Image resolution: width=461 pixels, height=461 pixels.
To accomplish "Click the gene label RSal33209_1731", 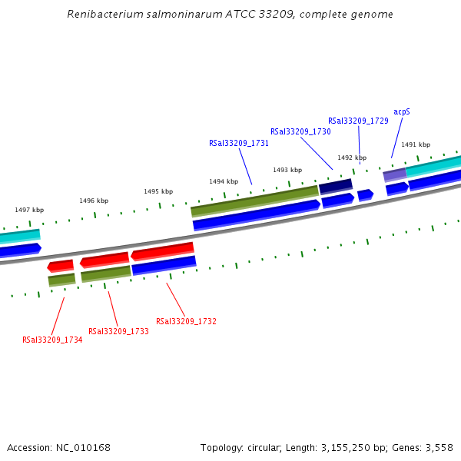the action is pos(239,143).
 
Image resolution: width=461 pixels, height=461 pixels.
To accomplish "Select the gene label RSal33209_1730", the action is pos(300,131).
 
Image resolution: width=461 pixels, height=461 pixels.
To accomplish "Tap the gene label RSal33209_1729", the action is pos(358,121).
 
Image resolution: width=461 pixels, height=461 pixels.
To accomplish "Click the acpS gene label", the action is pos(402,111).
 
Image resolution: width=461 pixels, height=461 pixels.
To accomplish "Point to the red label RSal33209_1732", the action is pos(186,321).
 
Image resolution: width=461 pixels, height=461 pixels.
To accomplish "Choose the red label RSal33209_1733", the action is pos(118,331).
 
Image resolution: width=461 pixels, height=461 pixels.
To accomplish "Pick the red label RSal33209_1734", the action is pos(52,340).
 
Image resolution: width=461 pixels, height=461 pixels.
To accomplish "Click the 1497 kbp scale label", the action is pos(29,210).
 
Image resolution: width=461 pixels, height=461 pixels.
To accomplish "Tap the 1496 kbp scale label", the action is pos(94,201).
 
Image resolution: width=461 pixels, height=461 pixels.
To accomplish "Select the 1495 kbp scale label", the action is pos(158,191).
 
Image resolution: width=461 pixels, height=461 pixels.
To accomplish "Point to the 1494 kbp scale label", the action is pos(224,181).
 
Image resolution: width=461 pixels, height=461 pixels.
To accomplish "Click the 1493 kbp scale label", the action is pos(287,170).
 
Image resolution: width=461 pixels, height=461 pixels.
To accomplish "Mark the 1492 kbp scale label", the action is pos(352,158).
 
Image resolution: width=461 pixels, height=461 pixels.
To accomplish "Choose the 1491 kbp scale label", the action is pos(416,144).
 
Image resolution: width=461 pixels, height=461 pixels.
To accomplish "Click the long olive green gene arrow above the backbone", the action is pos(254,200).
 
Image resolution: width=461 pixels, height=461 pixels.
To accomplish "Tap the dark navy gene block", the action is pos(336,186).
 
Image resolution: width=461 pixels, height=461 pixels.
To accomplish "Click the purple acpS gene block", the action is pos(394,174).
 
